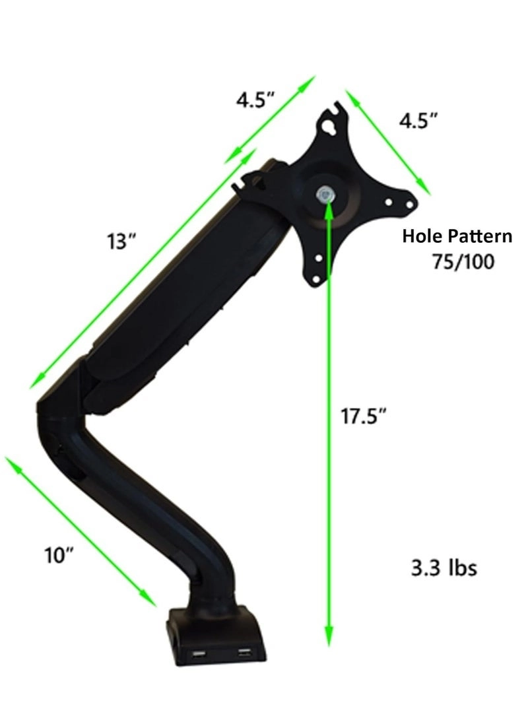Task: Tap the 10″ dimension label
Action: point(59,555)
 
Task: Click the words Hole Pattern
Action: point(457,236)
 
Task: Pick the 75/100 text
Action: point(461,261)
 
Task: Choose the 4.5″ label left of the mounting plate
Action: point(255,100)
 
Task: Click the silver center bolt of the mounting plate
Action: point(325,195)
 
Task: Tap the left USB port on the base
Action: point(199,655)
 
